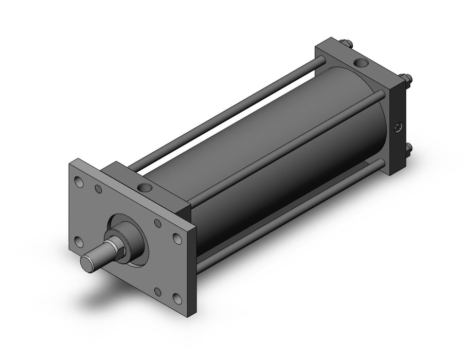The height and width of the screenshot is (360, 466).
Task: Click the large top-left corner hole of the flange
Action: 79,182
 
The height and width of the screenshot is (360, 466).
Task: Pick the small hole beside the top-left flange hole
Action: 98,189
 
